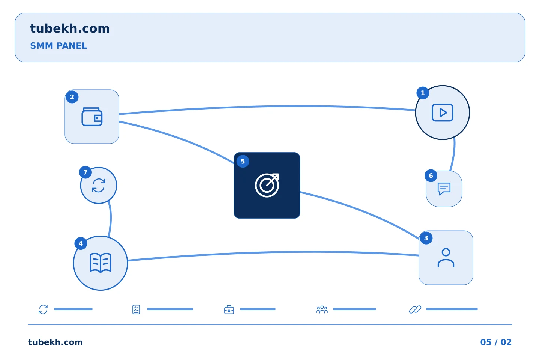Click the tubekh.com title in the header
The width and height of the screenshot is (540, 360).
coord(70,28)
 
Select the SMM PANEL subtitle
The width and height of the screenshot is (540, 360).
coord(58,46)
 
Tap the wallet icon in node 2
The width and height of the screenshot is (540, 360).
coord(92,117)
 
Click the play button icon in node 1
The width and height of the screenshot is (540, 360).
coord(442,112)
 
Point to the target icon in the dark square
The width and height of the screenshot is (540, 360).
coord(267,185)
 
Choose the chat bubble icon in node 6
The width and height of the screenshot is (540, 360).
coord(444,189)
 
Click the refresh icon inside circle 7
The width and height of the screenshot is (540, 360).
coord(99,185)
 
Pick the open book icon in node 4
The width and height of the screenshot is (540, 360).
coord(100,263)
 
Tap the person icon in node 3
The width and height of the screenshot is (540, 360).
coord(446,258)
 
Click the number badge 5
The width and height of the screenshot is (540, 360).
coord(243,161)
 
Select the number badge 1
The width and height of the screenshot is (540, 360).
coord(423,93)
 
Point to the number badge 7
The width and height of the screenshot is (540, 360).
coord(85,172)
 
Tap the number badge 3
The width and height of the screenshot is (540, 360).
coord(426,238)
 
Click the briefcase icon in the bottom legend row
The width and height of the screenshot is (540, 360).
coord(229,309)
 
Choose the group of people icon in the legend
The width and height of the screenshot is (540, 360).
coord(322,309)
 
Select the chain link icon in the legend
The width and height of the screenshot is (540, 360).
coord(415,309)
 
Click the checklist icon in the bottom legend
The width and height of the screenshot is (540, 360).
coord(136,309)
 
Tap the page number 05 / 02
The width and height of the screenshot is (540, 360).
coord(496,342)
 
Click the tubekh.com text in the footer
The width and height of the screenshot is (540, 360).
coord(55,342)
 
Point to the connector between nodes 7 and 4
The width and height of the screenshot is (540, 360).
coord(111,219)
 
